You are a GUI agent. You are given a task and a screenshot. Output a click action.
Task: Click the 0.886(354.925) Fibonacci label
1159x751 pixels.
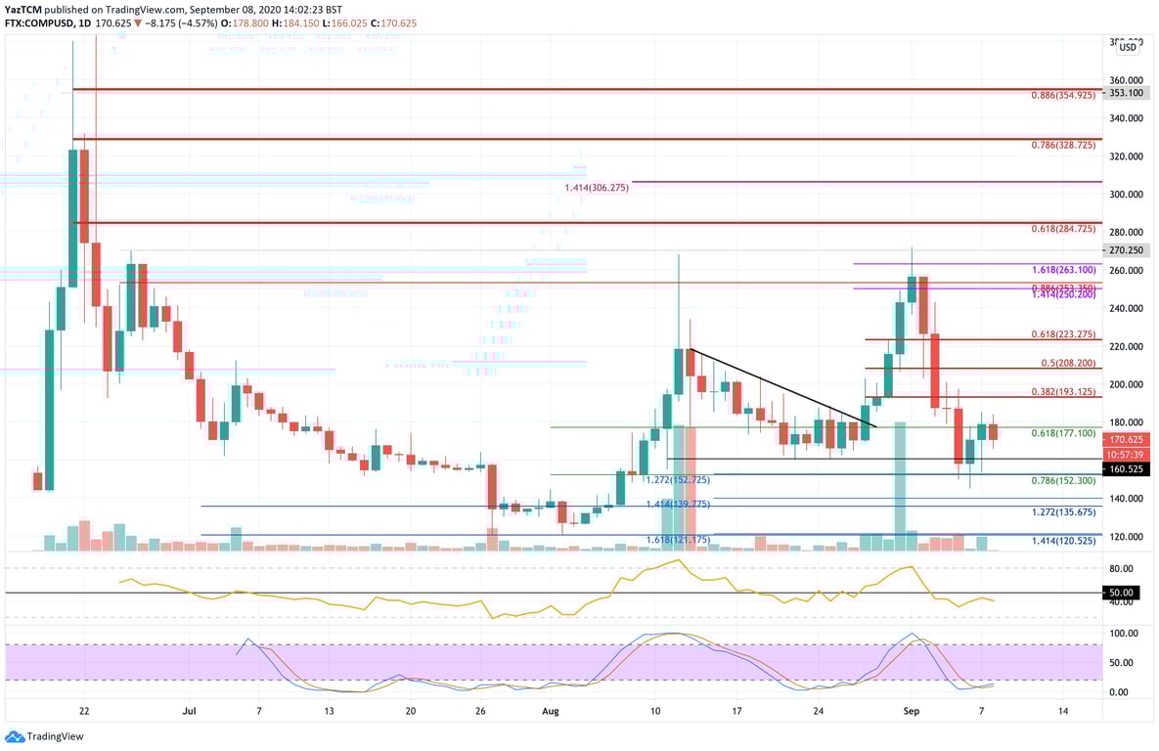click(x=1064, y=96)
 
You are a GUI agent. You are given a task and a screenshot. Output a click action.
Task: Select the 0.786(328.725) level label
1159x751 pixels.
click(x=1064, y=145)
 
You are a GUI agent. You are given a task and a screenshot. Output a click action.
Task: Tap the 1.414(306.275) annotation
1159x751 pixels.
click(x=596, y=188)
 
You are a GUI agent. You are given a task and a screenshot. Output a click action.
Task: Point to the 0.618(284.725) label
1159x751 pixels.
click(x=1064, y=229)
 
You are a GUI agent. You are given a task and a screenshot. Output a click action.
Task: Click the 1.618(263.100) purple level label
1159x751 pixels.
click(x=1064, y=269)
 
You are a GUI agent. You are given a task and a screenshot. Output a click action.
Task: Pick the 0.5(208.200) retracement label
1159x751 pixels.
click(x=1068, y=362)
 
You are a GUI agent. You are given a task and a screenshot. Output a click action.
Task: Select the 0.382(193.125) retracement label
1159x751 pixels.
click(x=1064, y=391)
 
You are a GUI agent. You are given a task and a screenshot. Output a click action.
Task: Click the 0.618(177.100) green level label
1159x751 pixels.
click(x=1064, y=432)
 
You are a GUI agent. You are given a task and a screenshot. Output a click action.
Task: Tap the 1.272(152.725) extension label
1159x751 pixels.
click(x=676, y=480)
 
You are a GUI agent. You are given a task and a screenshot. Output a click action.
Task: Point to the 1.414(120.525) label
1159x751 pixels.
click(x=1064, y=540)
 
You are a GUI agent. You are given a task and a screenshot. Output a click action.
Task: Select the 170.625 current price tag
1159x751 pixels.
click(x=1126, y=440)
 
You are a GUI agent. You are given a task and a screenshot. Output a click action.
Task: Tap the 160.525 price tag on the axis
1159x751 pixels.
click(x=1126, y=469)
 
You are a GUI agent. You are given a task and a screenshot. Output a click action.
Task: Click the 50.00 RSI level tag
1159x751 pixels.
click(x=1122, y=593)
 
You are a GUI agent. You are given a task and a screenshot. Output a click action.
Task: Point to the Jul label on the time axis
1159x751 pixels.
click(x=190, y=711)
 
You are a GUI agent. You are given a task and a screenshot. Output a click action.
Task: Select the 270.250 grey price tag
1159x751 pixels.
click(x=1125, y=250)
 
